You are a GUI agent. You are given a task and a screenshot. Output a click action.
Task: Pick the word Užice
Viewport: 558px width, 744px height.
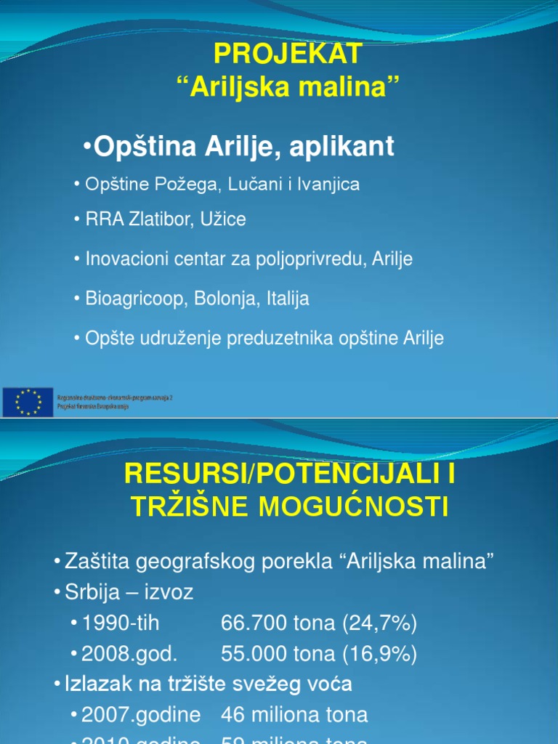tap(222, 219)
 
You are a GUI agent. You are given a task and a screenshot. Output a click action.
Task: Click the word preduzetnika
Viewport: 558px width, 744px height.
tap(288, 338)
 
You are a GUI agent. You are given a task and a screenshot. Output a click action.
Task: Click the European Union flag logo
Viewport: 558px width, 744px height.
tap(28, 402)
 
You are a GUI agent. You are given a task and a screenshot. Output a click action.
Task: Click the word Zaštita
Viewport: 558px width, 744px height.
tap(95, 561)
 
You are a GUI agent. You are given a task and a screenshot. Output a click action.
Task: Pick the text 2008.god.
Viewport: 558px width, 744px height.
tap(129, 654)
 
